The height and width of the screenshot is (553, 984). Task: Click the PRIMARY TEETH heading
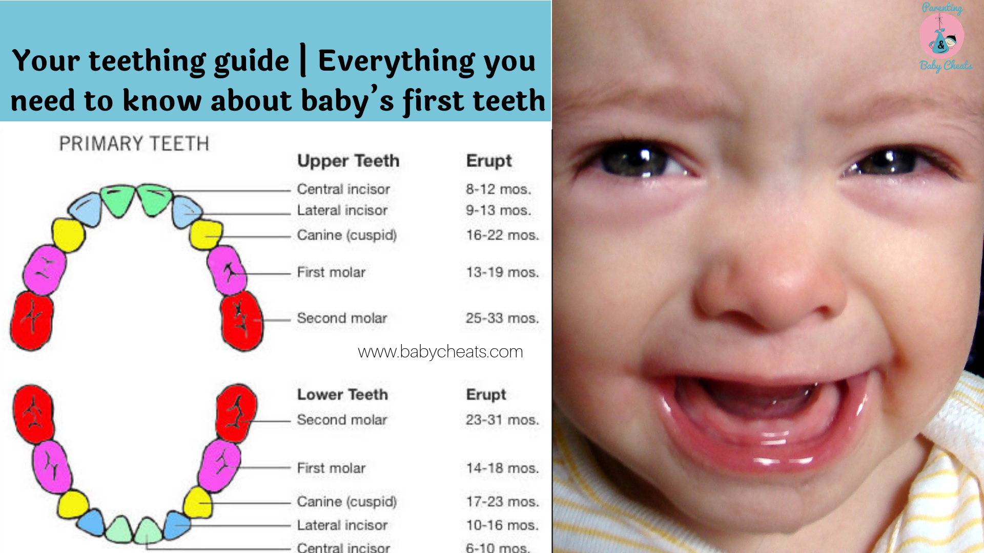[134, 144]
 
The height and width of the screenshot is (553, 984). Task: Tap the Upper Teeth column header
[348, 161]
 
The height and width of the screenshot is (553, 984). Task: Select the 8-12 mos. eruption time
[498, 189]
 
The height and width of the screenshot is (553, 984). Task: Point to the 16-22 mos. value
[502, 235]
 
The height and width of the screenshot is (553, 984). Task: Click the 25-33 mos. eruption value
[502, 318]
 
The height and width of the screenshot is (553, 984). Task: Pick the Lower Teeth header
[342, 394]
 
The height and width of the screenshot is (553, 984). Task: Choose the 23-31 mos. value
[502, 420]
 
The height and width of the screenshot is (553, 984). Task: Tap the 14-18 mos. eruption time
[502, 468]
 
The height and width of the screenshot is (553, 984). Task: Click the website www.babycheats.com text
[440, 352]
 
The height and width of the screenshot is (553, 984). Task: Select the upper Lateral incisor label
[342, 210]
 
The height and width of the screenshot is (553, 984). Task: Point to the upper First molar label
[331, 272]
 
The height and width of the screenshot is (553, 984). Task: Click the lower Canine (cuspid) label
[347, 501]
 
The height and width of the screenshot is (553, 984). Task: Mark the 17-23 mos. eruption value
[502, 501]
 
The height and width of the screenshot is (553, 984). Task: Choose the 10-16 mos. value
[502, 525]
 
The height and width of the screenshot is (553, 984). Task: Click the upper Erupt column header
[488, 161]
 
